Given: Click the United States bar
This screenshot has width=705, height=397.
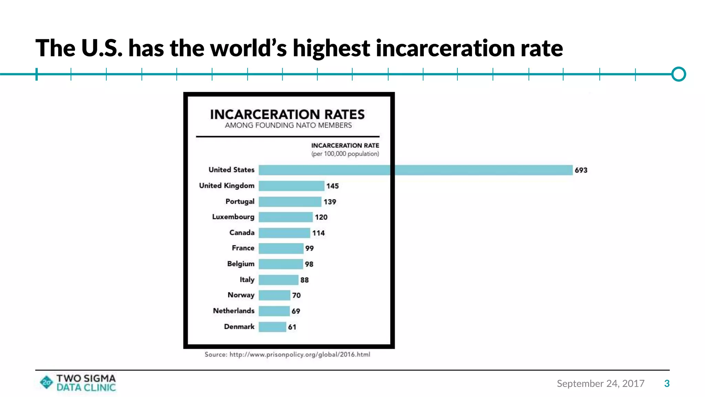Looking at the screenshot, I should pyautogui.click(x=415, y=170).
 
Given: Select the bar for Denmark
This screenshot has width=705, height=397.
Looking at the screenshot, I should pyautogui.click(x=272, y=327).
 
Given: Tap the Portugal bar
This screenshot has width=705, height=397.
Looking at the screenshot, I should pyautogui.click(x=290, y=202).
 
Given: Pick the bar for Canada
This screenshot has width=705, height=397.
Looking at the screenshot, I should pyautogui.click(x=284, y=233).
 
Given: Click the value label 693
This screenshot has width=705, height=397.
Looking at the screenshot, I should pyautogui.click(x=581, y=170).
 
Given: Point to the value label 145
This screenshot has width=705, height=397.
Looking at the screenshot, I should pyautogui.click(x=333, y=186).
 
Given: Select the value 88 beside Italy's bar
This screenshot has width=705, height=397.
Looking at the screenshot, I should pyautogui.click(x=304, y=280).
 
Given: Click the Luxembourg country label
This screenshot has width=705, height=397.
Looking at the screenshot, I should pyautogui.click(x=233, y=217).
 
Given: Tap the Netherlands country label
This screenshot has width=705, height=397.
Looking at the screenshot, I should pyautogui.click(x=233, y=311).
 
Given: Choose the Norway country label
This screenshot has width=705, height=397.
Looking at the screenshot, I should pyautogui.click(x=241, y=295).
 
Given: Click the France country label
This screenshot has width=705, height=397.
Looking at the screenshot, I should pyautogui.click(x=243, y=248).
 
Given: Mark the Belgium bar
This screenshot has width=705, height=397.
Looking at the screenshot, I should pyautogui.click(x=281, y=264).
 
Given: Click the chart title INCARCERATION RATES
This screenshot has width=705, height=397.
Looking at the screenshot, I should pyautogui.click(x=287, y=114).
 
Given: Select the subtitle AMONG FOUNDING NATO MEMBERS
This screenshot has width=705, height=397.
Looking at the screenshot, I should pyautogui.click(x=288, y=125).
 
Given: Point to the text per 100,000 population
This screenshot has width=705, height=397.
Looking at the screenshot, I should pyautogui.click(x=345, y=154).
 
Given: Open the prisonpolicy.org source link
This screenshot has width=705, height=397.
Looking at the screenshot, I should pyautogui.click(x=299, y=355).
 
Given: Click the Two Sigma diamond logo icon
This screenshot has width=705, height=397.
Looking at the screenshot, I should pyautogui.click(x=46, y=382).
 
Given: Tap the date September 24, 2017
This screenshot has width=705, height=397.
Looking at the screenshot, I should pyautogui.click(x=600, y=384).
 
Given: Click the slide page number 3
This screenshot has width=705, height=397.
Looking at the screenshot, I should pyautogui.click(x=667, y=384).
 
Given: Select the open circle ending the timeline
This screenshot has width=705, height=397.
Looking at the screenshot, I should pyautogui.click(x=678, y=74).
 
